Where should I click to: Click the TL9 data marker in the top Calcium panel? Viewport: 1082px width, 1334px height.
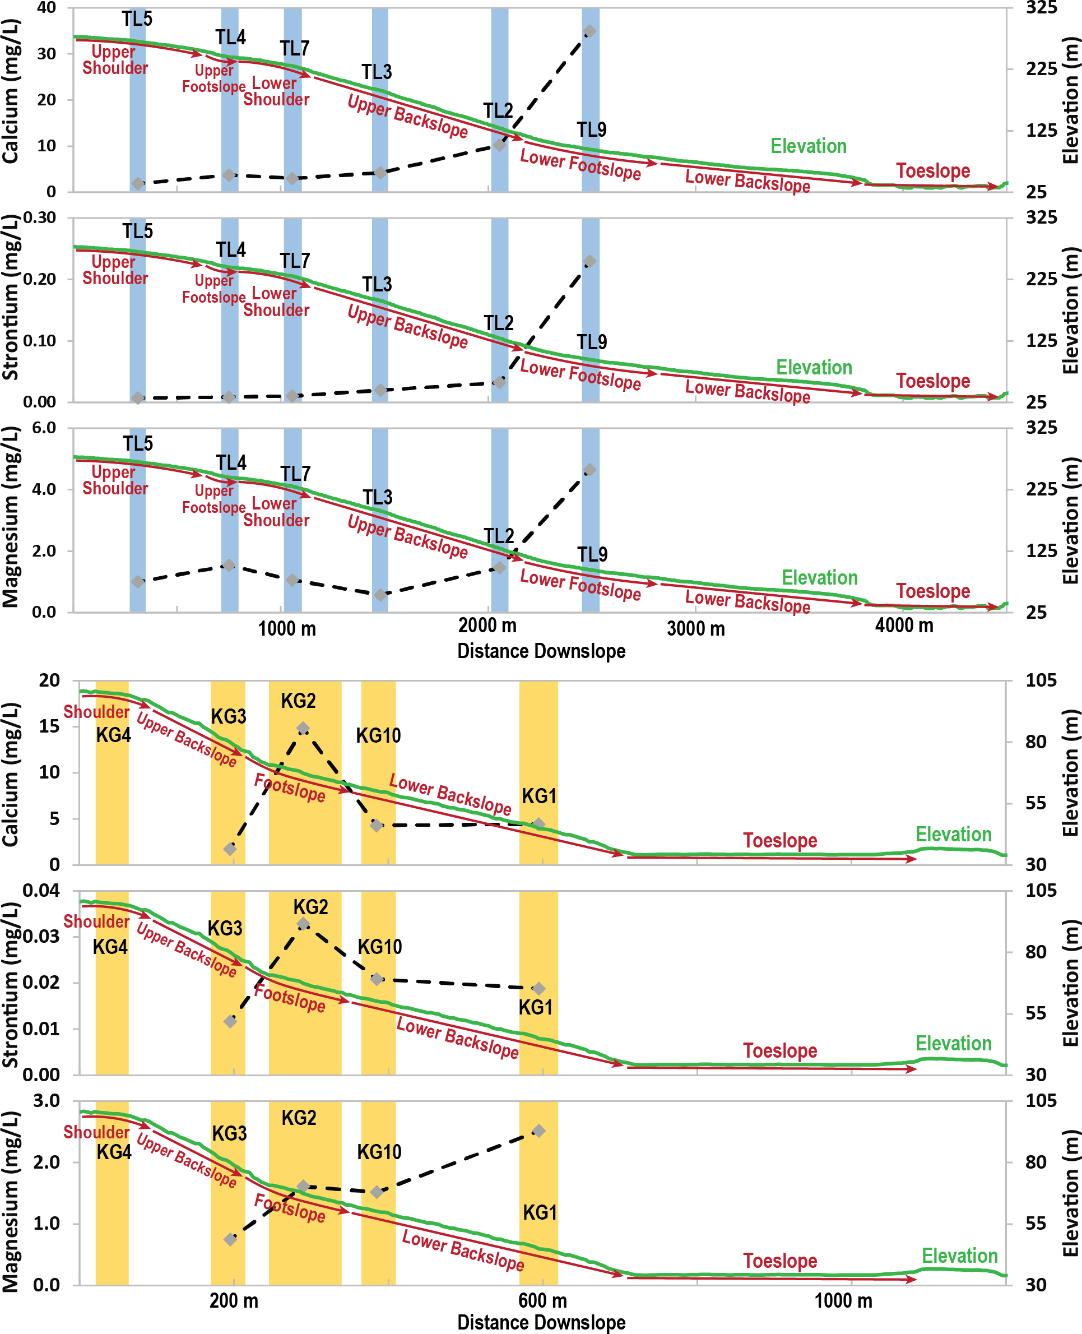click(589, 31)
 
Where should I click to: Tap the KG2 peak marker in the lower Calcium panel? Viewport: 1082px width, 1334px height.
click(303, 728)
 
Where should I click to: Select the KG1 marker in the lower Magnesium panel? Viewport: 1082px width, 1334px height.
click(539, 1131)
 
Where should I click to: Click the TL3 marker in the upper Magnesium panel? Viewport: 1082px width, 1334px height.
click(380, 595)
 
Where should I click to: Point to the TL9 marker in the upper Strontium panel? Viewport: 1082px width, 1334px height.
click(589, 261)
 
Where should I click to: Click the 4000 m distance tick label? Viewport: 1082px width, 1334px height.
click(904, 626)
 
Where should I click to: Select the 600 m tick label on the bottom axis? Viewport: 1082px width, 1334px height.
click(542, 1300)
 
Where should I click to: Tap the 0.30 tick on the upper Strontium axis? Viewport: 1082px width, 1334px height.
click(39, 217)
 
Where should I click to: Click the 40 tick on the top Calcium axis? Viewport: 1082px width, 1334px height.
click(46, 8)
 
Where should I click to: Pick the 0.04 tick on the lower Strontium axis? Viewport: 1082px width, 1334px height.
click(40, 891)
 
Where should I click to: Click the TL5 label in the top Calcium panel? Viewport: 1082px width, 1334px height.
click(137, 19)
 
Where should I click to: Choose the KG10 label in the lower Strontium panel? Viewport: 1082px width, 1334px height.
click(379, 947)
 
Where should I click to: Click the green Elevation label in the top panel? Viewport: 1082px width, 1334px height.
click(809, 146)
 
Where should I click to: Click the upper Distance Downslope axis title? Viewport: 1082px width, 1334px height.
click(541, 651)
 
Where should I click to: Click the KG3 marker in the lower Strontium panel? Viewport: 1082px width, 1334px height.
click(230, 1022)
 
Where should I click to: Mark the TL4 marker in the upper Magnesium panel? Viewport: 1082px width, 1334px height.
click(229, 566)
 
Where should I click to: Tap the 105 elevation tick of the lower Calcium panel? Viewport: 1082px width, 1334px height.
click(1042, 680)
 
